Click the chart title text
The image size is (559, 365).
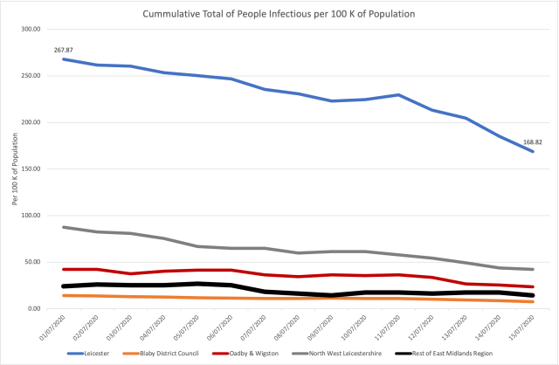(x=279, y=14)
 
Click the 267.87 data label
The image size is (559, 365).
(x=63, y=50)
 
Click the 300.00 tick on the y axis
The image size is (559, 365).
(x=32, y=29)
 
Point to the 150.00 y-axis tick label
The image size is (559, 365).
(x=32, y=169)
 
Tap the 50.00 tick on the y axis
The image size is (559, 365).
(x=34, y=262)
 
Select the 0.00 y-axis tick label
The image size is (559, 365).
(x=36, y=308)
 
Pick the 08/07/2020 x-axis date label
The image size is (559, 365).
(x=276, y=325)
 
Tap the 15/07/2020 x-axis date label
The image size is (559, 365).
(x=502, y=325)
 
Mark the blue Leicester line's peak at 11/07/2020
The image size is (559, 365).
(x=399, y=95)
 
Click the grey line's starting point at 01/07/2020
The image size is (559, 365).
(x=63, y=227)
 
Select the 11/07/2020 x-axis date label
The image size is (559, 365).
(x=373, y=325)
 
